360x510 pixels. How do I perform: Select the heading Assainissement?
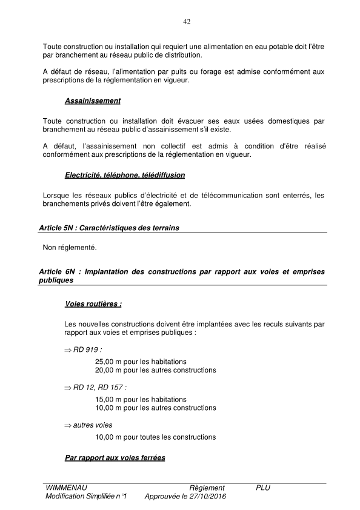(x=92, y=101)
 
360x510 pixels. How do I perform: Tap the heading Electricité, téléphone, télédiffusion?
(x=124, y=175)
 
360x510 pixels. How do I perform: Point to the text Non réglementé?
(x=70, y=248)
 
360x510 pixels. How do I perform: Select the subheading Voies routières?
(x=93, y=305)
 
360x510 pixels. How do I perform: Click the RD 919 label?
(x=87, y=350)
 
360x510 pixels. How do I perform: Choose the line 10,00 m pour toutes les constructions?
(x=155, y=437)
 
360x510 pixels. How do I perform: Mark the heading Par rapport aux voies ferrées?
(x=115, y=458)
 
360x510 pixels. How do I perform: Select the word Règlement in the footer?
(x=207, y=488)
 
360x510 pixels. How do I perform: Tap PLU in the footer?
(x=263, y=488)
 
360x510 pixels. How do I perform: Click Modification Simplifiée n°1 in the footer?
(x=85, y=497)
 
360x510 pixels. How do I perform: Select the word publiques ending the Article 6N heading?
(x=56, y=281)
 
